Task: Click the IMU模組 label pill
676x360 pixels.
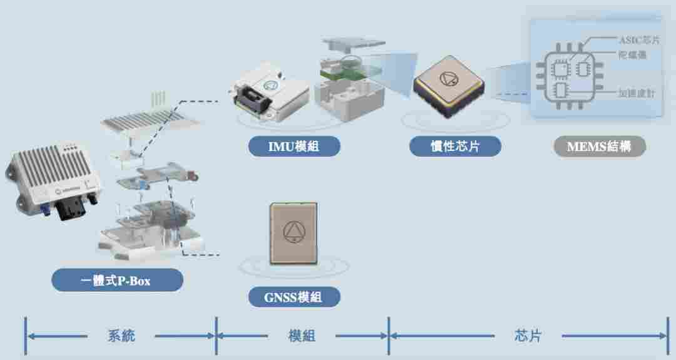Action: (294, 147)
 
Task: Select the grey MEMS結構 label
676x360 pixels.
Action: (599, 147)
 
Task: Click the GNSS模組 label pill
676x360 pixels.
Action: (294, 297)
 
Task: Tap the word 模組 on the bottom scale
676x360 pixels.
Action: (302, 336)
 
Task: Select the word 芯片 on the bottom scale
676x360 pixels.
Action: (527, 336)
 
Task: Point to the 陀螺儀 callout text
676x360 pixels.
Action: (632, 55)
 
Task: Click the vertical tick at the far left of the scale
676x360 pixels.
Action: (26, 336)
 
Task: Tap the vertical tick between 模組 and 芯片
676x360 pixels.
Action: (389, 336)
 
